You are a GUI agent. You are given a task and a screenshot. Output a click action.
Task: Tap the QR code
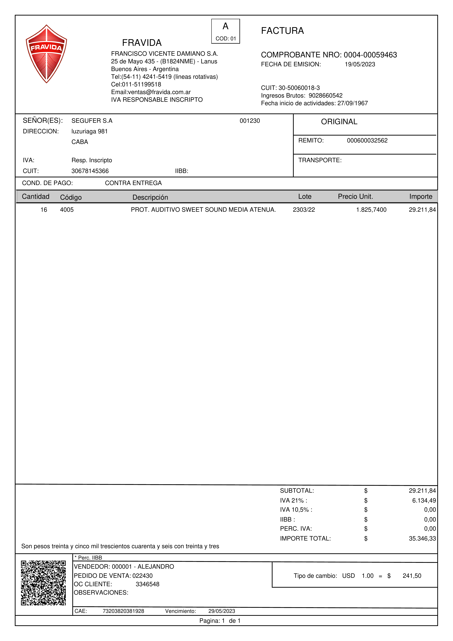pos(43,583)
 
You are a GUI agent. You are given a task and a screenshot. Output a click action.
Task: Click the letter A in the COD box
pos(226,26)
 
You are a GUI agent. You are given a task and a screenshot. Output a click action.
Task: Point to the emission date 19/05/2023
pos(360,64)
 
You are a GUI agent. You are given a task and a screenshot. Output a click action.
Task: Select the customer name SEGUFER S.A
pos(92,121)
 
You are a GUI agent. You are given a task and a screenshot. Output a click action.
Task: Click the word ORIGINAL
pos(339,122)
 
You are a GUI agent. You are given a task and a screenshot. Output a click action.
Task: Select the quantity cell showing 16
pos(44,210)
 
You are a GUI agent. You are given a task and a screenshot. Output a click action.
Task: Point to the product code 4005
pos(67,210)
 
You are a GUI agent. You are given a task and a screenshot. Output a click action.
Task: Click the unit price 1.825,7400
pos(371,210)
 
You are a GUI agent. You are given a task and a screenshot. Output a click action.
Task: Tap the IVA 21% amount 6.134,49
pos(424,501)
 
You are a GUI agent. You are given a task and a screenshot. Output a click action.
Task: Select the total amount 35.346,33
pos(422,539)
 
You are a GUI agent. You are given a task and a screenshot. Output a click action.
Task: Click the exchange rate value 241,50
pos(412,576)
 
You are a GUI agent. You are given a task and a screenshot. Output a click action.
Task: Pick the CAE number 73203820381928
pos(123,611)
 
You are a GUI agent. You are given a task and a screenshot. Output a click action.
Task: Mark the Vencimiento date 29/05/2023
pos(222,611)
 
